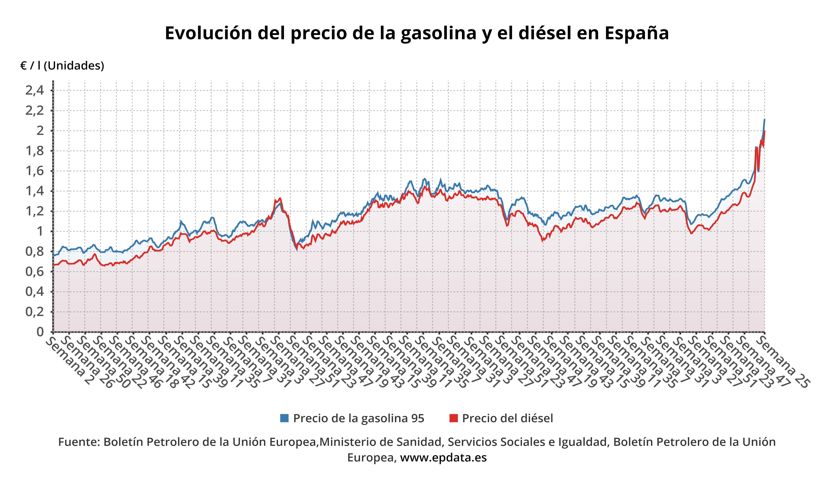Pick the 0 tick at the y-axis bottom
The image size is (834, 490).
click(40, 332)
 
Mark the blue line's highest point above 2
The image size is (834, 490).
click(764, 120)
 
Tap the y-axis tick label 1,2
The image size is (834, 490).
click(34, 211)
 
